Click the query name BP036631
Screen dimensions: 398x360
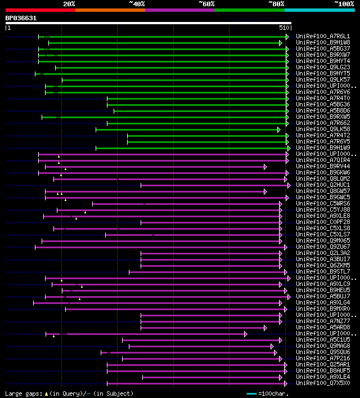click(x=21, y=18)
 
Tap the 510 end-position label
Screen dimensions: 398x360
click(x=283, y=27)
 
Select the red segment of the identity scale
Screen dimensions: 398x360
click(x=40, y=10)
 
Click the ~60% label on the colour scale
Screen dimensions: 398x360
click(x=206, y=4)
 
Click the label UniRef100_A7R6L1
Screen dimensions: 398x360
click(x=322, y=36)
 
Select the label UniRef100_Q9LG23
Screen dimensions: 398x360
click(x=322, y=67)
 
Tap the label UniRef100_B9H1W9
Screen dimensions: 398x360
click(x=322, y=148)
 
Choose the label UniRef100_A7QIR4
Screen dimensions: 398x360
click(x=322, y=160)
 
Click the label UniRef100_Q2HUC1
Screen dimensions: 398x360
click(x=322, y=185)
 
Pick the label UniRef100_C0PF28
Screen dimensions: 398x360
click(x=322, y=222)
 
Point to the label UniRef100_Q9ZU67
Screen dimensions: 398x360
click(x=322, y=247)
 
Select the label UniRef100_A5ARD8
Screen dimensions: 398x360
click(x=322, y=328)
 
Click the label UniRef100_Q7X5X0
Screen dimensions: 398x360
click(x=322, y=383)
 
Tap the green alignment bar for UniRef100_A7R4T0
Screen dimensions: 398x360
click(x=197, y=99)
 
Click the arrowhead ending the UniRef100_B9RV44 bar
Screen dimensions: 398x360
click(x=265, y=167)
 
